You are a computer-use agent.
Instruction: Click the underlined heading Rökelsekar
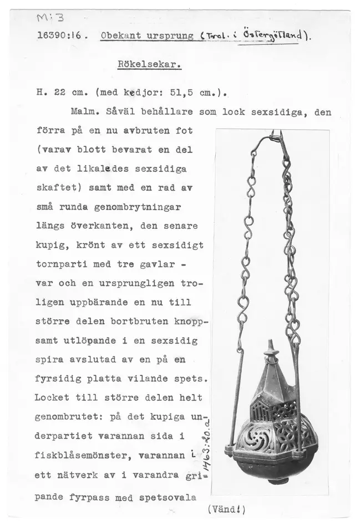(150, 64)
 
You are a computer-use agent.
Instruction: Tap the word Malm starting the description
(84, 111)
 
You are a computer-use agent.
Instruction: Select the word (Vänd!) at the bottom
(226, 509)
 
